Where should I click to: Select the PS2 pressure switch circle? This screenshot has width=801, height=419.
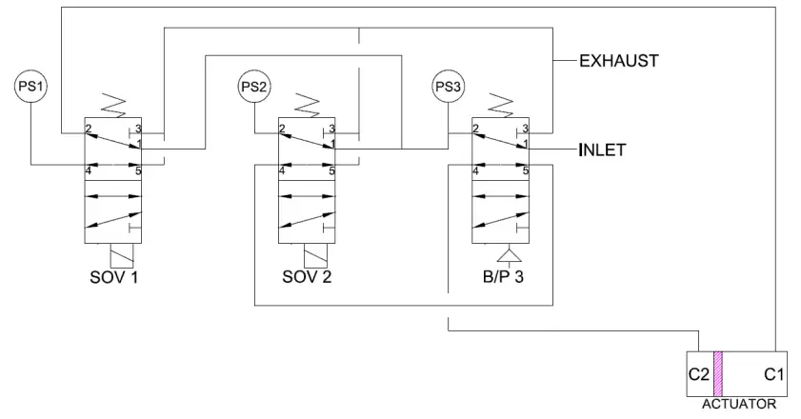tap(253, 87)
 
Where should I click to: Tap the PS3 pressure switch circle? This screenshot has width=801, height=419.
tap(448, 87)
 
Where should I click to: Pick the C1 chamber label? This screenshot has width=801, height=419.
tap(774, 375)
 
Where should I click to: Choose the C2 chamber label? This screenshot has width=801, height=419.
tap(698, 375)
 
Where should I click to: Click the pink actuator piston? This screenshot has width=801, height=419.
tap(717, 374)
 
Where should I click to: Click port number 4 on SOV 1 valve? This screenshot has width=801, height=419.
tap(88, 171)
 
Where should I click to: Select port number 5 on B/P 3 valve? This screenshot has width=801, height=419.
tap(525, 171)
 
